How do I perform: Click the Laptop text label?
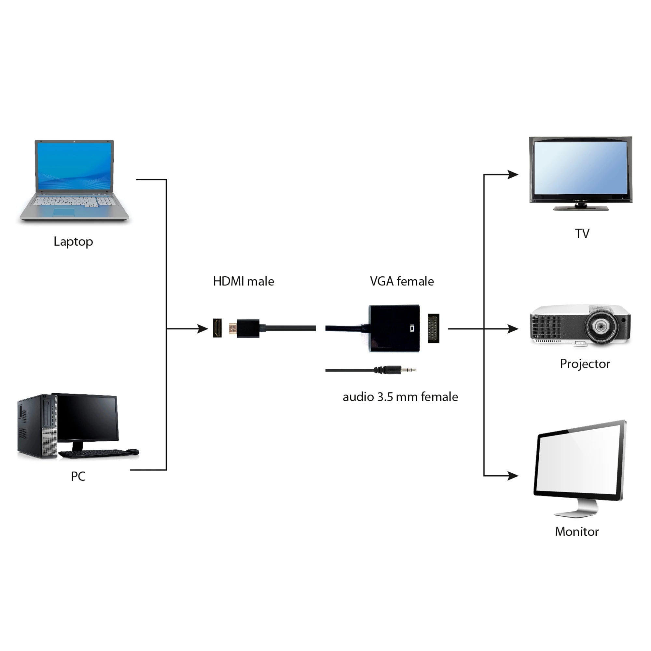tap(73, 242)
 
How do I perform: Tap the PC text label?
tap(78, 476)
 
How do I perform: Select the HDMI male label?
tap(243, 281)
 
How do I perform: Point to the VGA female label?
tap(402, 281)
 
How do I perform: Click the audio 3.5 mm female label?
tap(400, 397)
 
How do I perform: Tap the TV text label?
tap(582, 233)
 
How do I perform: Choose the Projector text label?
tap(585, 364)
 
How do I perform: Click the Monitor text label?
tap(576, 532)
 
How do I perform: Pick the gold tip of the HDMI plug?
tap(232, 328)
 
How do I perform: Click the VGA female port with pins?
tap(433, 328)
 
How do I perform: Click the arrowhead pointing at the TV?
tap(513, 174)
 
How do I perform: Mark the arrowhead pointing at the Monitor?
tap(513, 476)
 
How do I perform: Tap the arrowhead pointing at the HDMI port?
tap(203, 328)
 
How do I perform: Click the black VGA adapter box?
tap(394, 328)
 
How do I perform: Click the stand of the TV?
tap(581, 207)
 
